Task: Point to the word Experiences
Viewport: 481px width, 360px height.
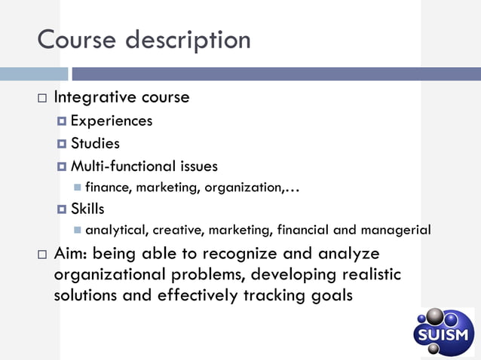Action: pos(112,121)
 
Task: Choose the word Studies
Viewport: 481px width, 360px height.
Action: pos(95,143)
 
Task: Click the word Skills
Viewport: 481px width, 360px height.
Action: pos(87,209)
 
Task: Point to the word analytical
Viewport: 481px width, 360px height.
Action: pos(115,230)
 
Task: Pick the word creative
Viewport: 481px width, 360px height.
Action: pos(181,230)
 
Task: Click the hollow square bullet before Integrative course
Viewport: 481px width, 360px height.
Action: pos(41,99)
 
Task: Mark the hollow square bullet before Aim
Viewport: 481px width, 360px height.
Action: pos(41,255)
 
